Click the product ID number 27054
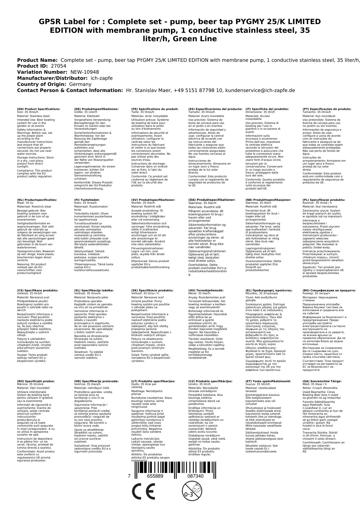pos(58,66)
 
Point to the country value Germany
pos(80,84)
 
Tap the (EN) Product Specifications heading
pos(39,109)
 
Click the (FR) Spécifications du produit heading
pos(155,109)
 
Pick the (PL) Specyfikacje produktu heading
pos(324,200)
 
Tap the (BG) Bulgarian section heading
pos(329,290)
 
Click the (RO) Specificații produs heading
pos(36,381)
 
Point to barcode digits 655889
pos(155,476)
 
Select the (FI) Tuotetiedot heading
pos(87,200)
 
